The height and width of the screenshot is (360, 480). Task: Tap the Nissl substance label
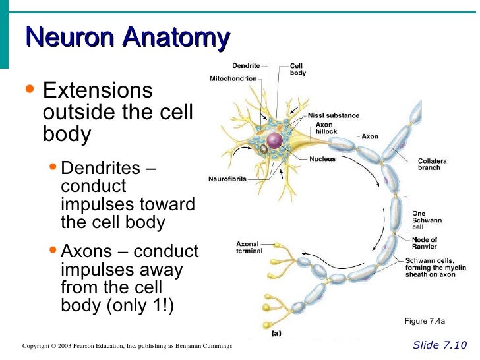(334, 115)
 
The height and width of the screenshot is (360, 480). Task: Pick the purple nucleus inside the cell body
(274, 140)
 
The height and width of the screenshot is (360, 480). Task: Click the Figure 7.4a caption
(425, 322)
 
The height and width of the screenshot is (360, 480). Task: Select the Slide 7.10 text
(440, 345)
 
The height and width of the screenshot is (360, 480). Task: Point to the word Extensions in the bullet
(97, 90)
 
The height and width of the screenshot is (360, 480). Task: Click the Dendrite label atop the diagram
(246, 66)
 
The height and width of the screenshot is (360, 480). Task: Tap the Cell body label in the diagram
(297, 69)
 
